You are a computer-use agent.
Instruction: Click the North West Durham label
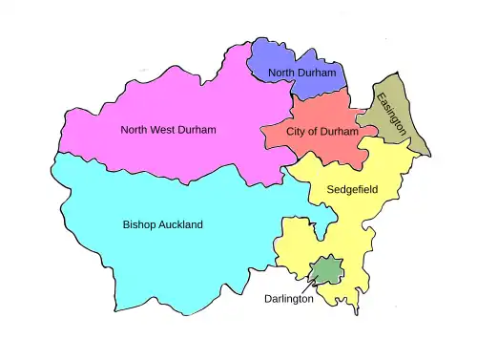pos(169,130)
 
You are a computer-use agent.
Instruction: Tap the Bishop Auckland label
pos(163,224)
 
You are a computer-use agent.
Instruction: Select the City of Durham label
pos(310,132)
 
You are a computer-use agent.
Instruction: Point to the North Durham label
pos(301,74)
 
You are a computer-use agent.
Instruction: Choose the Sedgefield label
pos(353,190)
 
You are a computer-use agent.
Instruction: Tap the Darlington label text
pos(289,299)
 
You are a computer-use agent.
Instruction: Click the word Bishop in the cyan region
pos(139,224)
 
